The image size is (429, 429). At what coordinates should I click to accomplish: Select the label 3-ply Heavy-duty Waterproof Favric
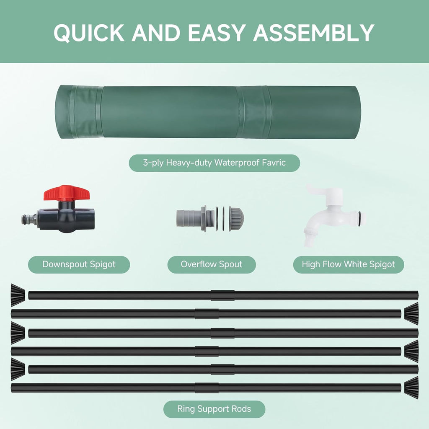point(214,163)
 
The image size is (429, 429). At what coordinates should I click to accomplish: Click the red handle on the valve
point(67,193)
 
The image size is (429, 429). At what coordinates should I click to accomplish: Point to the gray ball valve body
point(67,217)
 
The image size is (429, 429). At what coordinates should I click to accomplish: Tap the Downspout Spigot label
point(79,264)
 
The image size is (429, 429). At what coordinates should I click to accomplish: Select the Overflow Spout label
point(212,264)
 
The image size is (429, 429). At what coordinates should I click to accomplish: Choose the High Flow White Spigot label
point(349,264)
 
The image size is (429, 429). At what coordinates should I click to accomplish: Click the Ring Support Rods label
point(214,409)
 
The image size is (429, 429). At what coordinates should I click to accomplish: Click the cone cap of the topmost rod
point(18,295)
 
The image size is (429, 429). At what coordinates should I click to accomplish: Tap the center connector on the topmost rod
point(222,295)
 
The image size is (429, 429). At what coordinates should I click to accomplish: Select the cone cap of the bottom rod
point(411,387)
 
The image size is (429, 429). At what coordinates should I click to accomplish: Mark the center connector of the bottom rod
point(207,388)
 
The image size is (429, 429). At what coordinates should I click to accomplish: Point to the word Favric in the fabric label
point(274,163)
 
